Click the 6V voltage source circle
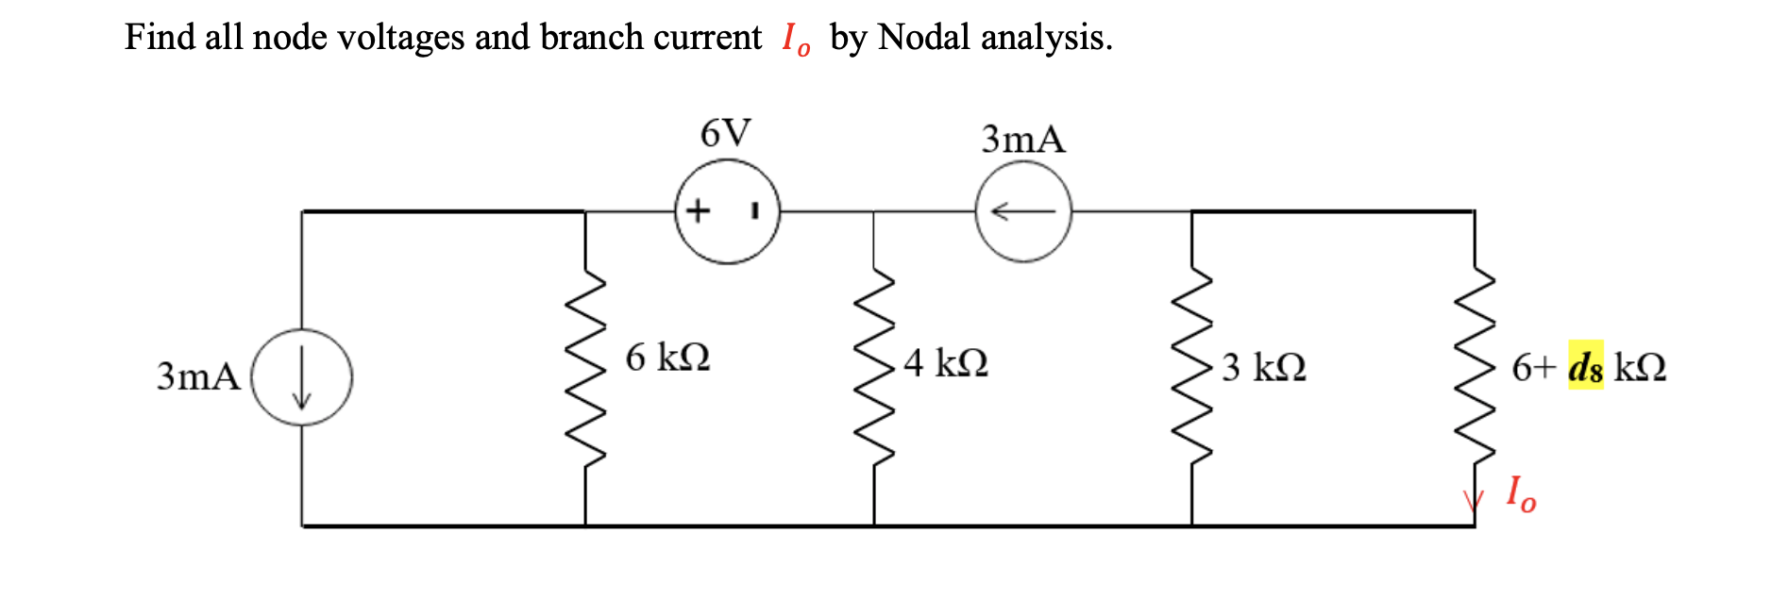(x=728, y=211)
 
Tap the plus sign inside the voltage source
(x=698, y=209)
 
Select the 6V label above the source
(x=725, y=134)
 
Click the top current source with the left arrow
(x=1023, y=211)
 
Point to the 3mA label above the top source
(x=1023, y=140)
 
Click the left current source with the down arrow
(x=302, y=376)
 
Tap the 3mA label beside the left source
(x=198, y=375)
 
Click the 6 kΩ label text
(x=667, y=358)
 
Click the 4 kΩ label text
(x=945, y=362)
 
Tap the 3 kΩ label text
(x=1263, y=366)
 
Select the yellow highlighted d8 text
(x=1585, y=366)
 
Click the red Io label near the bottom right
(x=1520, y=493)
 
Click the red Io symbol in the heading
(x=796, y=40)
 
